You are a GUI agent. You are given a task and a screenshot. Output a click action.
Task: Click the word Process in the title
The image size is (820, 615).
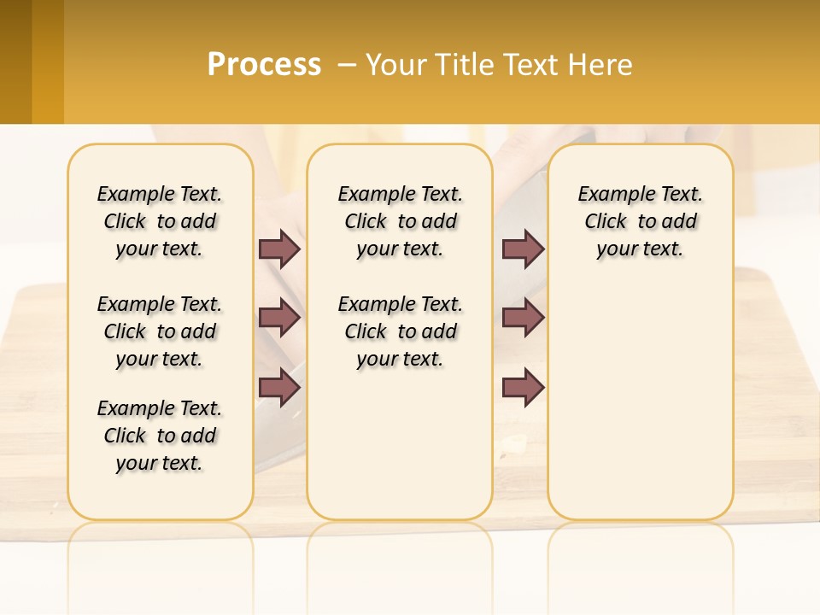click(x=264, y=65)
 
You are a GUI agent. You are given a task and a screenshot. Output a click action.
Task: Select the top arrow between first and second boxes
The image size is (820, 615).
click(x=279, y=249)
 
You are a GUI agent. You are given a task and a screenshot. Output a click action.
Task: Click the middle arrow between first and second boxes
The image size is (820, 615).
click(x=279, y=319)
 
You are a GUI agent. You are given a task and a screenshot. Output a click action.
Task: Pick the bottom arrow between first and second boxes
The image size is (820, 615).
click(x=279, y=388)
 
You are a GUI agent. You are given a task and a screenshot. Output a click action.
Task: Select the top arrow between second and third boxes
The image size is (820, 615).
click(x=524, y=249)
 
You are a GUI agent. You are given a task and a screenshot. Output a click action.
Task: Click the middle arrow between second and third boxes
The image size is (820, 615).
click(x=524, y=319)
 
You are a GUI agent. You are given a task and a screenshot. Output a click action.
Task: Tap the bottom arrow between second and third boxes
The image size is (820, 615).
click(x=524, y=388)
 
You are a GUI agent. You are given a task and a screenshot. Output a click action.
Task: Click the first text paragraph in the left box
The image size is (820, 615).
click(x=160, y=221)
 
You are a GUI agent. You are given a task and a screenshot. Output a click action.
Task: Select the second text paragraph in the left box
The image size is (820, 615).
click(x=160, y=331)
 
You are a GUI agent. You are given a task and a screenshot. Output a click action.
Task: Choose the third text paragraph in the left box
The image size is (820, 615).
click(x=160, y=436)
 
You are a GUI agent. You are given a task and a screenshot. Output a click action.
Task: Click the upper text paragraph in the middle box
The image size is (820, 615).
click(x=400, y=221)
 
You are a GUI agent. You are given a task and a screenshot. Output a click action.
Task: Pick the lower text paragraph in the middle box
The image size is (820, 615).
click(x=400, y=331)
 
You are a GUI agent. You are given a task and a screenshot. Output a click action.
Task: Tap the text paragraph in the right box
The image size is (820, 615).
click(x=640, y=221)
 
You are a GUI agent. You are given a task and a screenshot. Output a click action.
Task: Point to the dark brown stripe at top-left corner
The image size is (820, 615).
click(x=15, y=61)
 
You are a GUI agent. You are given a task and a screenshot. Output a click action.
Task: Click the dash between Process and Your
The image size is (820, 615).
click(x=348, y=65)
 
